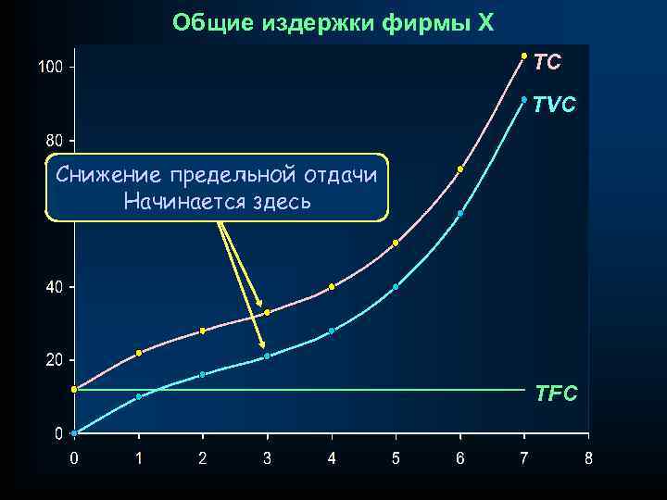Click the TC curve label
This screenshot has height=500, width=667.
tap(547, 62)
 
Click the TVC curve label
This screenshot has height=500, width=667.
tap(554, 106)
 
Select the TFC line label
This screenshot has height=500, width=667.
tap(556, 394)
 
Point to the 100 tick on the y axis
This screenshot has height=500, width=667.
tap(50, 68)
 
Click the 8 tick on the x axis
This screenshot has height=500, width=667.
tap(588, 457)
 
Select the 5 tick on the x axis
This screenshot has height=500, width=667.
tap(396, 457)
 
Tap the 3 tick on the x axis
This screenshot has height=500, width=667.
tap(267, 457)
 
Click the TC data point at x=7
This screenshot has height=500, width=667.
tap(524, 56)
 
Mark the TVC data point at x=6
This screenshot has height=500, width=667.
tap(460, 213)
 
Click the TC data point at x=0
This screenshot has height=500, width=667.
tap(74, 389)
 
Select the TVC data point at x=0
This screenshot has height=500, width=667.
tap(74, 432)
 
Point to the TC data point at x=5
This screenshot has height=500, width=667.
tap(396, 243)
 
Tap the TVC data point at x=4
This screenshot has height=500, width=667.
tap(332, 331)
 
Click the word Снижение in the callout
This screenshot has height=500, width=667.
tap(105, 174)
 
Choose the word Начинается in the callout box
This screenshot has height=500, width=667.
tap(176, 200)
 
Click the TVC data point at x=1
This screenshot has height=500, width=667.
tap(139, 396)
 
